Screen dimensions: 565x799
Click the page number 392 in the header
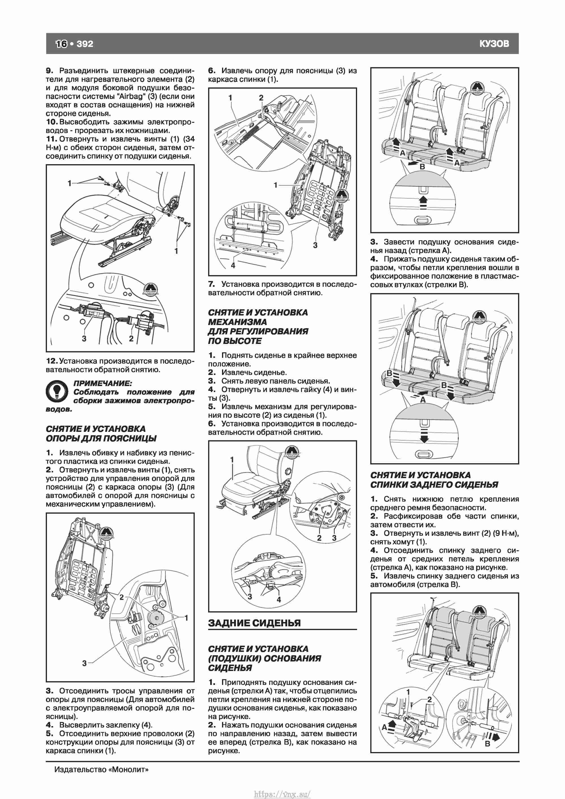click(85, 44)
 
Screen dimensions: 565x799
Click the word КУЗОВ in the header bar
click(494, 44)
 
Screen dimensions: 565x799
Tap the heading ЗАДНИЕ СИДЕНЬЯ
click(254, 623)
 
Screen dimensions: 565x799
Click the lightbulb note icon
click(57, 391)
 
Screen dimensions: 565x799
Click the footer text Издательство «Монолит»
click(101, 769)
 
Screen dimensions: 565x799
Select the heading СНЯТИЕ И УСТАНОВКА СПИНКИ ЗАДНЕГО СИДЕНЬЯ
click(434, 480)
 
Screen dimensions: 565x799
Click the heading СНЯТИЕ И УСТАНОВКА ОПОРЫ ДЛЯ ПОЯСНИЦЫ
click(101, 434)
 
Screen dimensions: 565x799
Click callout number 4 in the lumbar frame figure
click(233, 265)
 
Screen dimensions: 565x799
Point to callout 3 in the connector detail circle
click(84, 338)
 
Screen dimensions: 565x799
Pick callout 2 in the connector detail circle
click(131, 338)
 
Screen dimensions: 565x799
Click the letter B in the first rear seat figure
click(422, 167)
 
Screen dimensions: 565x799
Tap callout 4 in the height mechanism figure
click(279, 599)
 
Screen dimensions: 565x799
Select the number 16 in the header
click(62, 44)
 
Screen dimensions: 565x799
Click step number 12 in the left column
click(51, 361)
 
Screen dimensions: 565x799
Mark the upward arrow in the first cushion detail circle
click(423, 202)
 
